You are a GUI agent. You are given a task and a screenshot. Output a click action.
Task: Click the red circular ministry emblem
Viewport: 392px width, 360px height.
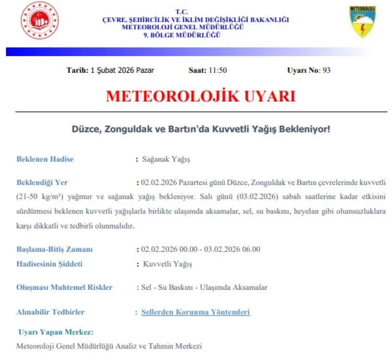40,22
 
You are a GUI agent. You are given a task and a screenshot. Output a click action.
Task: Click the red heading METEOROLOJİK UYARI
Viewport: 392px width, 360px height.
201,97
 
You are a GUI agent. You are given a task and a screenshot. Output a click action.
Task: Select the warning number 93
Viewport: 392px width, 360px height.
327,71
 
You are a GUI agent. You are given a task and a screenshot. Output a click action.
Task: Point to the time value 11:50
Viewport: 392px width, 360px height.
217,71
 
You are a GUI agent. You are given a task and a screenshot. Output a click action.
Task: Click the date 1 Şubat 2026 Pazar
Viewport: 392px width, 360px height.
122,71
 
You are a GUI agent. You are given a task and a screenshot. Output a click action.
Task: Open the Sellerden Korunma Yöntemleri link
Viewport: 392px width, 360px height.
195,312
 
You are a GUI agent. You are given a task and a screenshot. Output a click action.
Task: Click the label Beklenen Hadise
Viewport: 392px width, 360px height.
45,159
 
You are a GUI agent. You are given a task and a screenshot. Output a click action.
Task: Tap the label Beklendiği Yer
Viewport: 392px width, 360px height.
42,183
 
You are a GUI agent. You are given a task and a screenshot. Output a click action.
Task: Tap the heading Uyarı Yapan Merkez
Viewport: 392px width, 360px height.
56,332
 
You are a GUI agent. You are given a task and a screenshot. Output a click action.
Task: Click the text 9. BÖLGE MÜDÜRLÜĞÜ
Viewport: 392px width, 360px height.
181,35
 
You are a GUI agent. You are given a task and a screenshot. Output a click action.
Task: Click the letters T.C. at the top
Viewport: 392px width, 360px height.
181,12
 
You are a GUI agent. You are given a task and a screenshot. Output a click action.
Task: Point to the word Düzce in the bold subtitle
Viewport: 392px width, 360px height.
85,128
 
